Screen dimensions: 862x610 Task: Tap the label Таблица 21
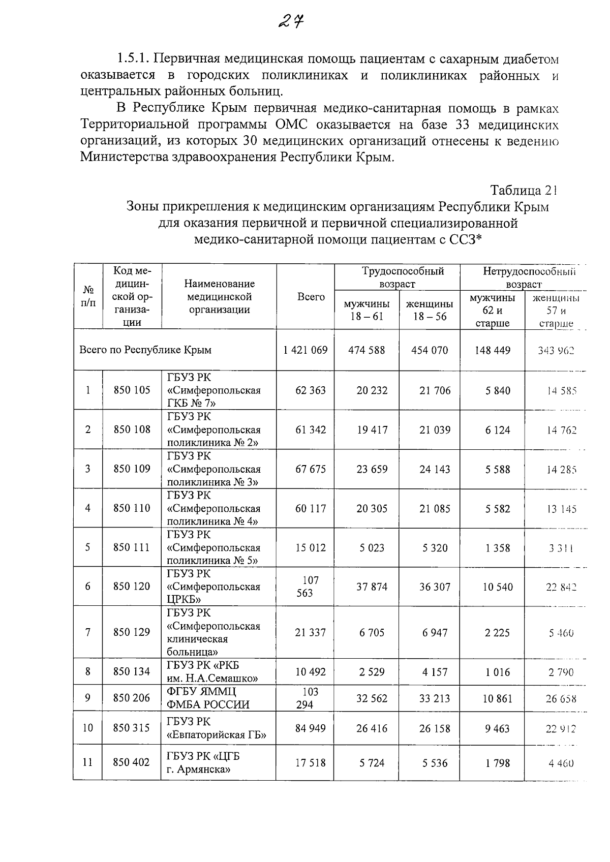pyautogui.click(x=524, y=191)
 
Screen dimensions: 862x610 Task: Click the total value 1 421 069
pyautogui.click(x=305, y=350)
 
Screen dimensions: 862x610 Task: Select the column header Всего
pyautogui.click(x=311, y=297)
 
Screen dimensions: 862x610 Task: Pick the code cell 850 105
pyautogui.click(x=132, y=390)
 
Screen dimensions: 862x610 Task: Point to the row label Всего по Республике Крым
pyautogui.click(x=145, y=350)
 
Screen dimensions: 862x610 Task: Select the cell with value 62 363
pyautogui.click(x=310, y=390)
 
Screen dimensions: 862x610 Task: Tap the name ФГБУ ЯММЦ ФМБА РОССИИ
pyautogui.click(x=208, y=698)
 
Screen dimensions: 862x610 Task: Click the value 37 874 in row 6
pyautogui.click(x=372, y=587)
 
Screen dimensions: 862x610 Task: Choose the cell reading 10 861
pyautogui.click(x=497, y=698)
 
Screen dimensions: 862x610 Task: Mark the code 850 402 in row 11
pyautogui.click(x=132, y=762)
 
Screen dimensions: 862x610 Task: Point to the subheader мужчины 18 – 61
pyautogui.click(x=367, y=310)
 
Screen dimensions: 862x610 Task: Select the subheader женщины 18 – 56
pyautogui.click(x=430, y=310)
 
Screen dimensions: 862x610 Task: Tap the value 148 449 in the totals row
pyautogui.click(x=492, y=350)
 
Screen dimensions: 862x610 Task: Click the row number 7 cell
pyautogui.click(x=88, y=632)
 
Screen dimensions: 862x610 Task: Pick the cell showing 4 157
pyautogui.click(x=435, y=672)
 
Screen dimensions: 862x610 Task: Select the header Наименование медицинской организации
pyautogui.click(x=219, y=297)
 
